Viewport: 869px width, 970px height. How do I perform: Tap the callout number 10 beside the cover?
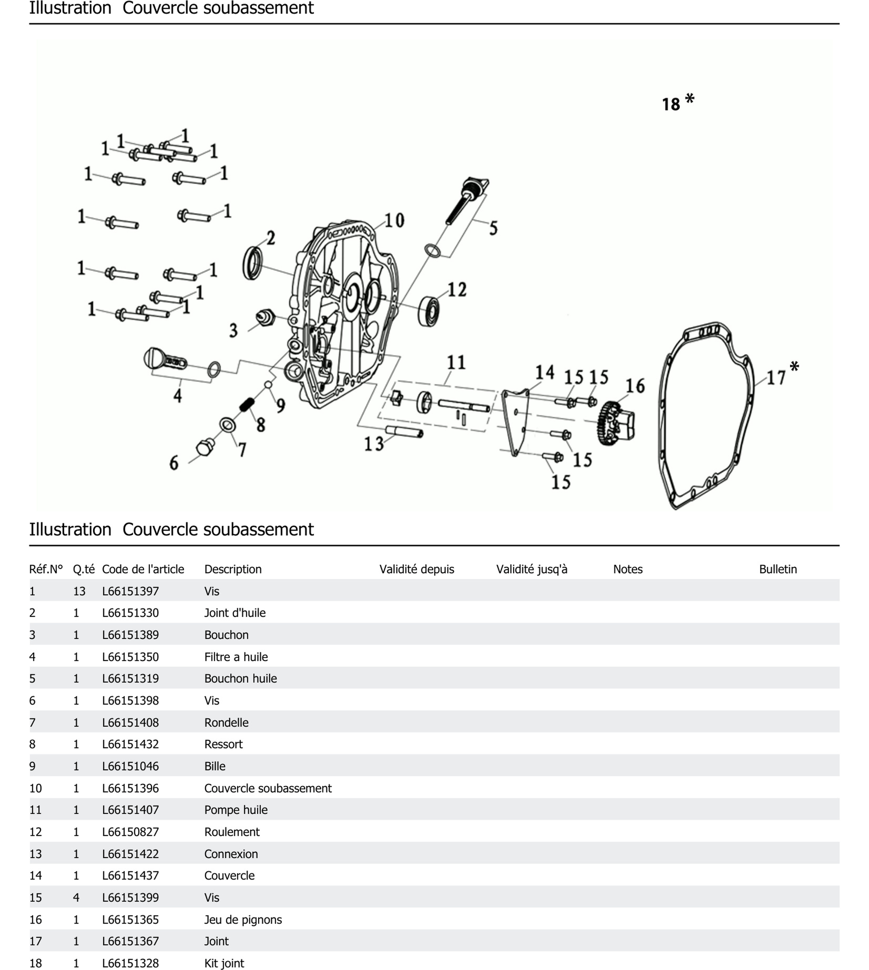[394, 220]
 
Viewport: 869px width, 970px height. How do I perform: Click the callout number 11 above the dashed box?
[456, 363]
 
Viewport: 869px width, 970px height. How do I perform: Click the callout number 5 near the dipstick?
[493, 228]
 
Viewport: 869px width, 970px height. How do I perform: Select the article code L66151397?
[130, 591]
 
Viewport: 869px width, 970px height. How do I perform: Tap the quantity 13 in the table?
[79, 591]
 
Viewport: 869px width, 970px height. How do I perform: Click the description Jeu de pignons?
[243, 920]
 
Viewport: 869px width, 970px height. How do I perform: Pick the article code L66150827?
[130, 832]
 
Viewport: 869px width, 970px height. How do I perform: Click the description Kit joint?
[224, 963]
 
